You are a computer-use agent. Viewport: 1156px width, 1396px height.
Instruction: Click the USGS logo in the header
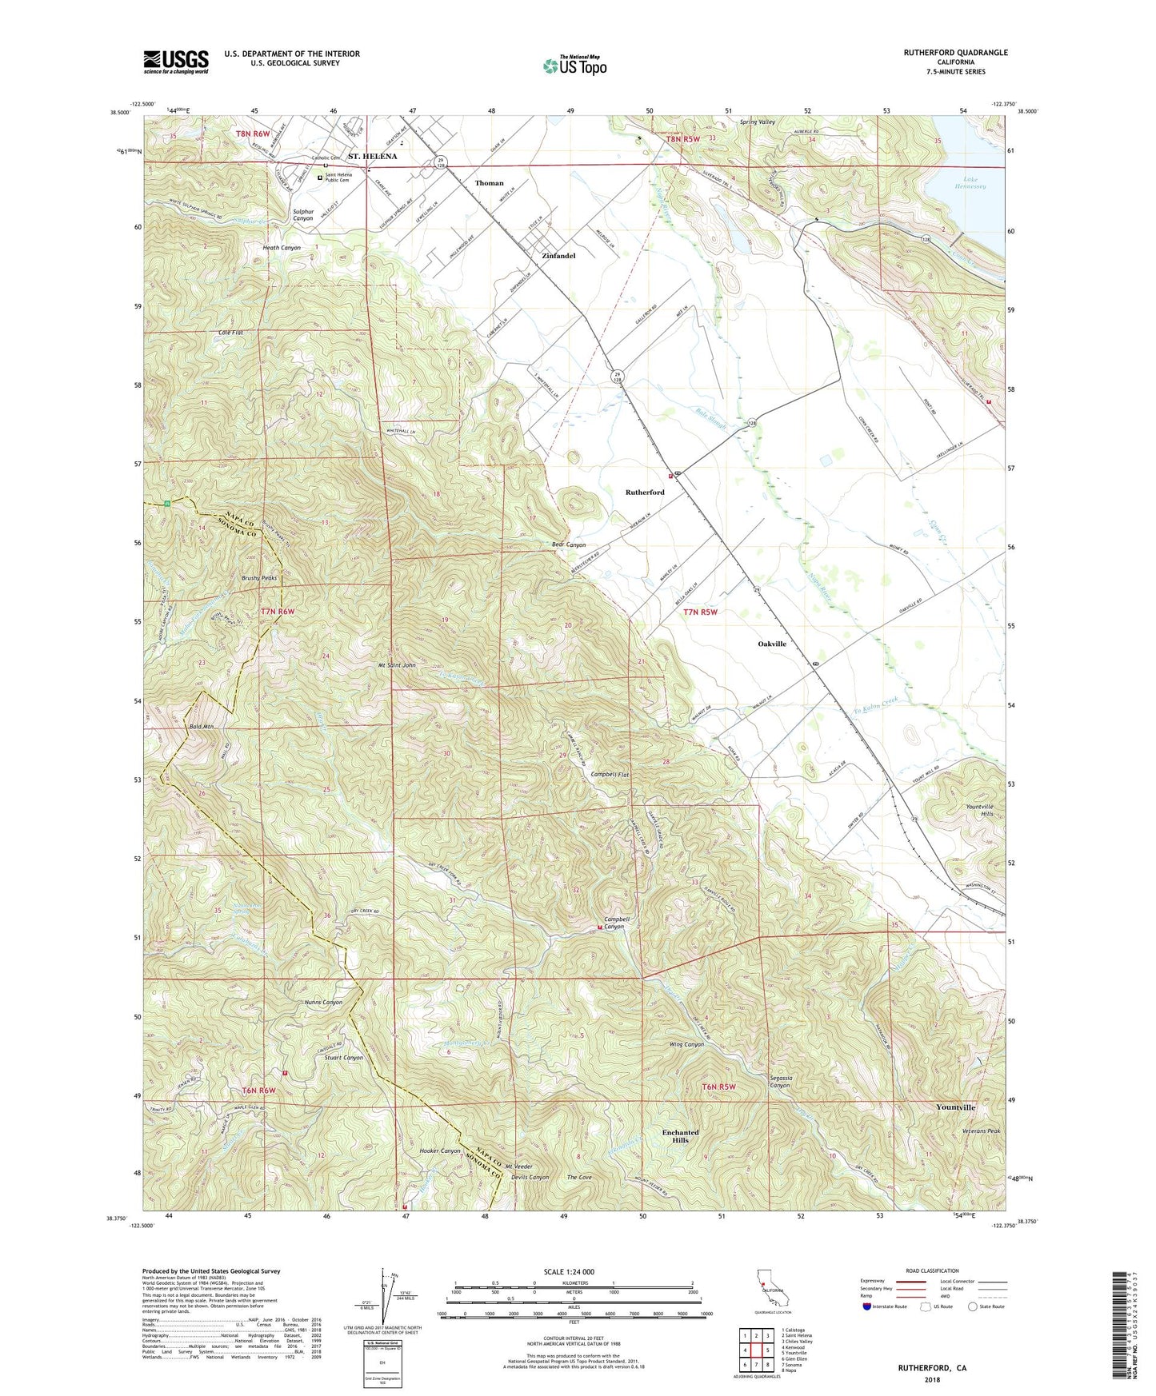176,61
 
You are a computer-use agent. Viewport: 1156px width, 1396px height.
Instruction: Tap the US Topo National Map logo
574,65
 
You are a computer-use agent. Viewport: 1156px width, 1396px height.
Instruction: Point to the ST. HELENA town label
372,157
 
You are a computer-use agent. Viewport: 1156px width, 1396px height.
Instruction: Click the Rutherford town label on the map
645,493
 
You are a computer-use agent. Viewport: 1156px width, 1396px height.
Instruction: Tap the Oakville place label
772,644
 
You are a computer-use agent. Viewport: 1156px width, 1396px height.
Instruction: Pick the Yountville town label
955,1107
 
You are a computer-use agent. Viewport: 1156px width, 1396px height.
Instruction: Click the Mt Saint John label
397,665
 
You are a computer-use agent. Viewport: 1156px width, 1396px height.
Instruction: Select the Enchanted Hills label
680,1136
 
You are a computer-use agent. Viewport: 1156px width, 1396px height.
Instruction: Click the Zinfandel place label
558,256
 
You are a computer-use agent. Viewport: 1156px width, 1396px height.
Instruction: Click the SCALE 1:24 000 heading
569,1271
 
